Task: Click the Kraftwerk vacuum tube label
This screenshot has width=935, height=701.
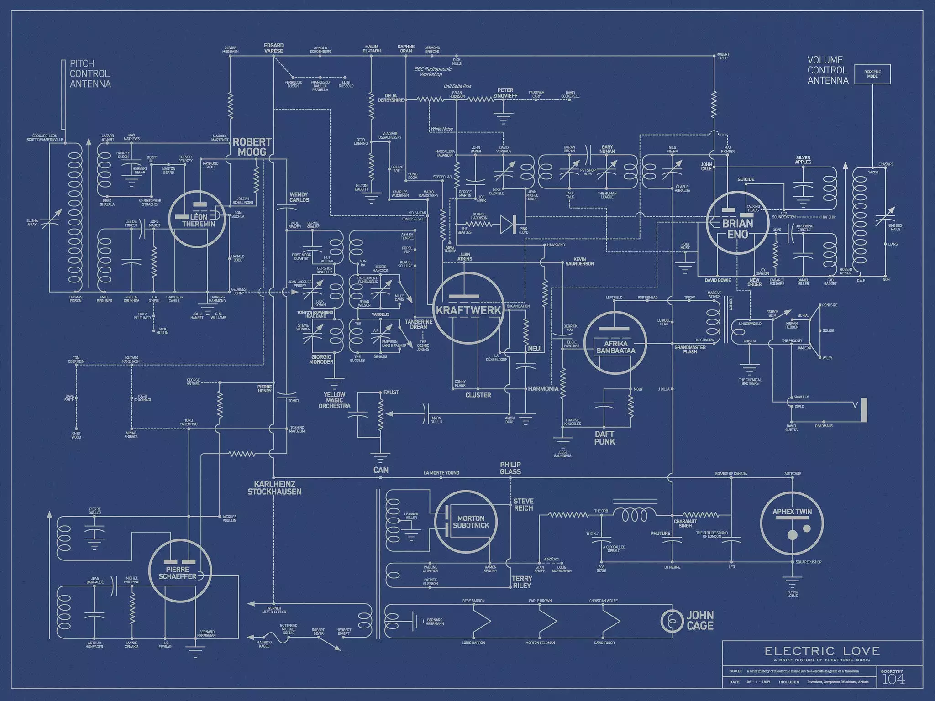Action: point(468,310)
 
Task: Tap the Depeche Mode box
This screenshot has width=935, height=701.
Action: point(872,74)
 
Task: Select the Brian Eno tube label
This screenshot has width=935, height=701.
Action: point(737,229)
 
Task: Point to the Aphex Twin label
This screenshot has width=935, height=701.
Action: point(792,512)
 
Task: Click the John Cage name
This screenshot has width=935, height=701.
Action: point(700,620)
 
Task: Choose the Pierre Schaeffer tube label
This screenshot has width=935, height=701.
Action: point(178,573)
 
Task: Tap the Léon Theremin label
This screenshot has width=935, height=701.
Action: point(198,220)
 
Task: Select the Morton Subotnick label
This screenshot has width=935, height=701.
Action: point(471,522)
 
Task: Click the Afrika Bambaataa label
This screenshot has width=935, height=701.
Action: point(615,347)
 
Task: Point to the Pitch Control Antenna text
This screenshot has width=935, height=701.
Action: point(90,74)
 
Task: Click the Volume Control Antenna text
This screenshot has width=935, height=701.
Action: point(828,70)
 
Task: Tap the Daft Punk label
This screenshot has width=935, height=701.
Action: point(604,438)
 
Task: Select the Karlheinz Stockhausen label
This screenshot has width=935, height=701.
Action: point(274,488)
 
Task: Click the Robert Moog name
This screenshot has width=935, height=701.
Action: point(252,147)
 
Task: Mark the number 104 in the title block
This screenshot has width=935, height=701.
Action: point(893,679)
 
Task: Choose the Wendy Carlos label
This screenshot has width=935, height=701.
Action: point(299,197)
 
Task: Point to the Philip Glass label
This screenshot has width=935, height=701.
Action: point(510,468)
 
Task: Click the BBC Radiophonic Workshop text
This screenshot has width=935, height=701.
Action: point(432,72)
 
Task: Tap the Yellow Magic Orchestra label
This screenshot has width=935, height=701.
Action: point(334,400)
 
